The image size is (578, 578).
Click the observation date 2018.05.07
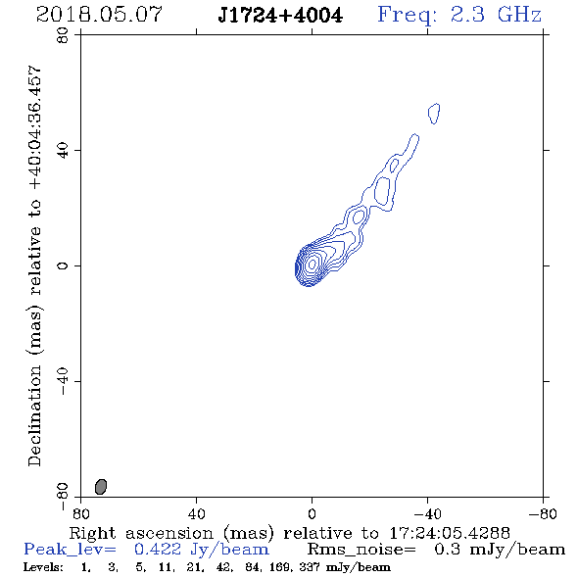click(99, 15)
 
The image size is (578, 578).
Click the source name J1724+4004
click(280, 16)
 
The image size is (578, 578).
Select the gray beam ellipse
click(101, 487)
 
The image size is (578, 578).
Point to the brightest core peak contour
click(313, 264)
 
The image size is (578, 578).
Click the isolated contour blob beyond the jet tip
click(434, 114)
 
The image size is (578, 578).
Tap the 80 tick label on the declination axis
click(63, 35)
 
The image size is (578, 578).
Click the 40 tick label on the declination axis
click(63, 151)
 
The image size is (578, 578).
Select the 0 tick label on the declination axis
click(63, 265)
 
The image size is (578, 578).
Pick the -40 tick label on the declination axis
click(63, 381)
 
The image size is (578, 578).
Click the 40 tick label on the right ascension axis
click(196, 513)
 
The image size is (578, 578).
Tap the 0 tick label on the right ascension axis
click(312, 513)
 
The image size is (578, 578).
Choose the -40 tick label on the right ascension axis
click(427, 513)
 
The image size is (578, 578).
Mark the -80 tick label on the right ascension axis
click(543, 513)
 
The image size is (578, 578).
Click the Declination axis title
click(34, 265)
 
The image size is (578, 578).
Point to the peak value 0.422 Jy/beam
click(201, 550)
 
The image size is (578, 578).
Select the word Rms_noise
click(361, 550)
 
